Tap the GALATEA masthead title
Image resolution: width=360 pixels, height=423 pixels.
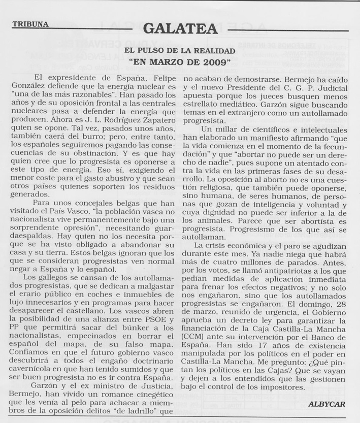[x=180, y=28]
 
